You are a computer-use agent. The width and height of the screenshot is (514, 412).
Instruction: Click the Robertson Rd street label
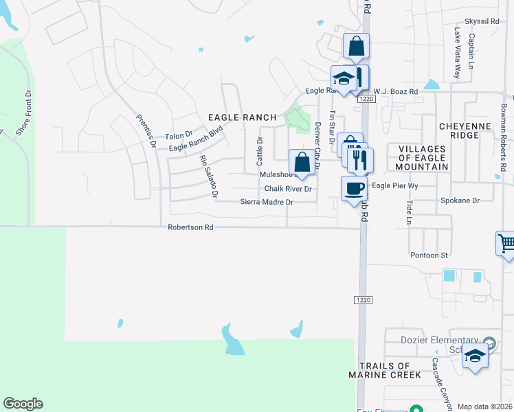(191, 227)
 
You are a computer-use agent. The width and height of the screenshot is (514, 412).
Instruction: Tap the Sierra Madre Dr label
(267, 202)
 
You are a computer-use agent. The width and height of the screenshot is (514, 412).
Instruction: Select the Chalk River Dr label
(288, 189)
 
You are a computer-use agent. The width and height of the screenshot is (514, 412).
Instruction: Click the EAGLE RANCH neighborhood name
(242, 117)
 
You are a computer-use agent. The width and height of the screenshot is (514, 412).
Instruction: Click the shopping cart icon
(506, 243)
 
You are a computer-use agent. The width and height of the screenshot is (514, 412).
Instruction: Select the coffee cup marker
(355, 187)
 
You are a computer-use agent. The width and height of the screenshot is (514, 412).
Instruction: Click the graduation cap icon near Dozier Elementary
(475, 355)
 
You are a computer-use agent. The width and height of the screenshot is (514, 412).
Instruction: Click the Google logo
(23, 404)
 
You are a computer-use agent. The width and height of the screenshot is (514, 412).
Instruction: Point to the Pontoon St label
(429, 255)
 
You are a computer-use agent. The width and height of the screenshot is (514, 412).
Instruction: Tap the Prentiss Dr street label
(144, 130)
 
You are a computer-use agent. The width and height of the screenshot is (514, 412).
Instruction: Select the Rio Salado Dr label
(208, 176)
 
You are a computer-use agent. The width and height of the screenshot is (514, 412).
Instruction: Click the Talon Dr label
(179, 137)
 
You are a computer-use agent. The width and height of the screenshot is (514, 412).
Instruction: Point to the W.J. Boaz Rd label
(395, 91)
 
